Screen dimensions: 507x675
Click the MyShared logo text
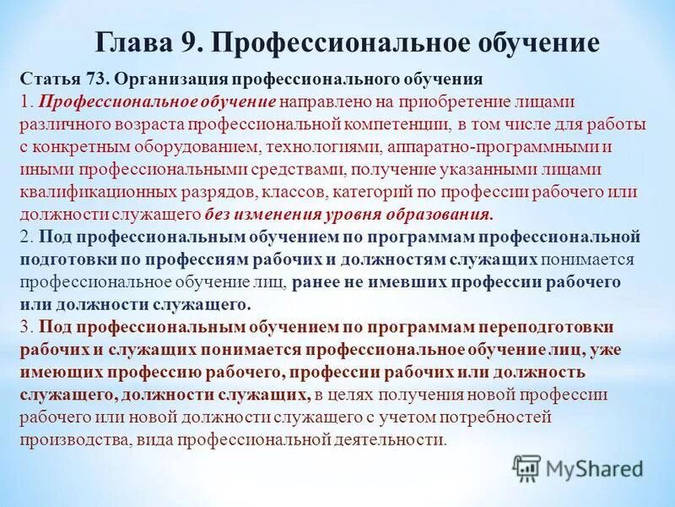click(x=594, y=467)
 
